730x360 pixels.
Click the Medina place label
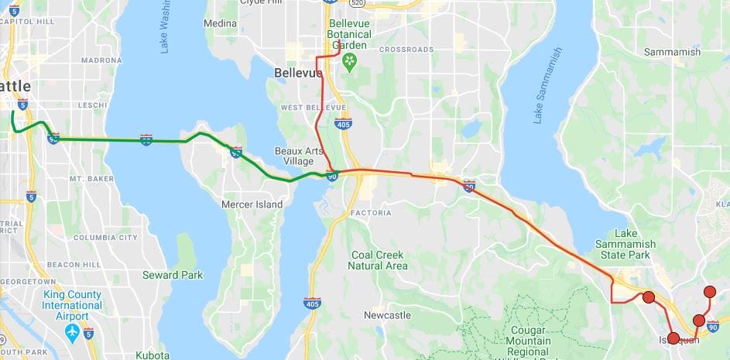220,23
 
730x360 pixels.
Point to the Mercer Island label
252,204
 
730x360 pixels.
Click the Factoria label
371,212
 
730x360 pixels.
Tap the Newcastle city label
387,315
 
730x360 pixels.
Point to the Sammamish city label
672,52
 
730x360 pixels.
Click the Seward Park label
173,275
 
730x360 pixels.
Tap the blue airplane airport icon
73,332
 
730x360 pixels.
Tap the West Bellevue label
314,107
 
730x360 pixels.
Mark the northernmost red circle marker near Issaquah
710,292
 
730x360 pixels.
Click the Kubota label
153,355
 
